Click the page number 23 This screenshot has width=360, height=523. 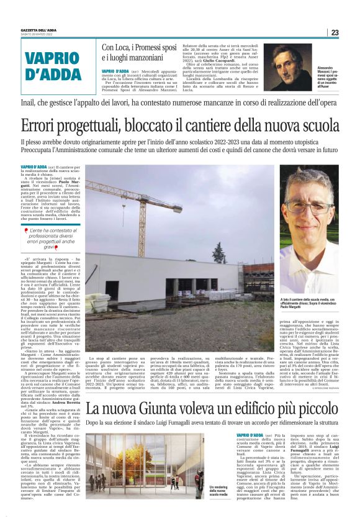pyautogui.click(x=335, y=33)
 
